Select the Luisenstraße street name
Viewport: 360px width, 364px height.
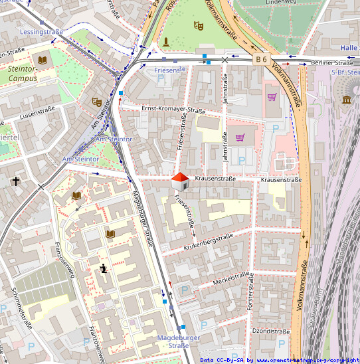coord(37,114)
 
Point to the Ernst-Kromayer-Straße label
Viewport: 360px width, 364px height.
coord(173,110)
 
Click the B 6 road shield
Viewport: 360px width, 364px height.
coord(261,60)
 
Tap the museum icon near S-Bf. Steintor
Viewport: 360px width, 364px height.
coord(347,100)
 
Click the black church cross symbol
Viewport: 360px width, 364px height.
coord(16,180)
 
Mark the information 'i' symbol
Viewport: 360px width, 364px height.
coord(104,268)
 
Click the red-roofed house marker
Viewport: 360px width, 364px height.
coord(179,180)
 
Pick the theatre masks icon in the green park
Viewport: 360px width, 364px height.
coord(197,25)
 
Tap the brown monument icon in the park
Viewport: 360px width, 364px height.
coord(165,43)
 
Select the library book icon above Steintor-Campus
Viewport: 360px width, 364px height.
coord(43,60)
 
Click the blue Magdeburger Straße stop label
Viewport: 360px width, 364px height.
coord(173,341)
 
